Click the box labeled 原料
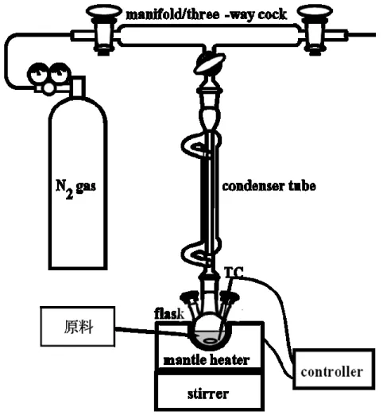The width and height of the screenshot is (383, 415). [x=78, y=326]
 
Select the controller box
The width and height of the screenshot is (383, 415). [x=334, y=369]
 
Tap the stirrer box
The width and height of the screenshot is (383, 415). [x=209, y=391]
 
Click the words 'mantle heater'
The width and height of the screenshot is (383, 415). [x=207, y=360]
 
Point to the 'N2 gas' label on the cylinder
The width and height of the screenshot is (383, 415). [x=75, y=188]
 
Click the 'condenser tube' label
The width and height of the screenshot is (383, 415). [x=269, y=186]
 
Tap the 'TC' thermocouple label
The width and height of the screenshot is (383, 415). [x=234, y=272]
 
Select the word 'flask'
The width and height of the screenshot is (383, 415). [x=169, y=314]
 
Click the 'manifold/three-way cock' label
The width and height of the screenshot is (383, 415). [x=207, y=14]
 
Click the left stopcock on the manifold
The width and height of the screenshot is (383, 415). [x=103, y=29]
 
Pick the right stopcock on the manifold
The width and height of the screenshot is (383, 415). [x=315, y=29]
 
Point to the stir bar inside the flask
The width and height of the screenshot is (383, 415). [x=210, y=341]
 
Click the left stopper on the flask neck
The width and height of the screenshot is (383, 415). [x=190, y=297]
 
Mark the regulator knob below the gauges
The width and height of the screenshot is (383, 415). [x=49, y=88]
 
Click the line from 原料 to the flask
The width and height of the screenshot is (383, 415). [x=152, y=332]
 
